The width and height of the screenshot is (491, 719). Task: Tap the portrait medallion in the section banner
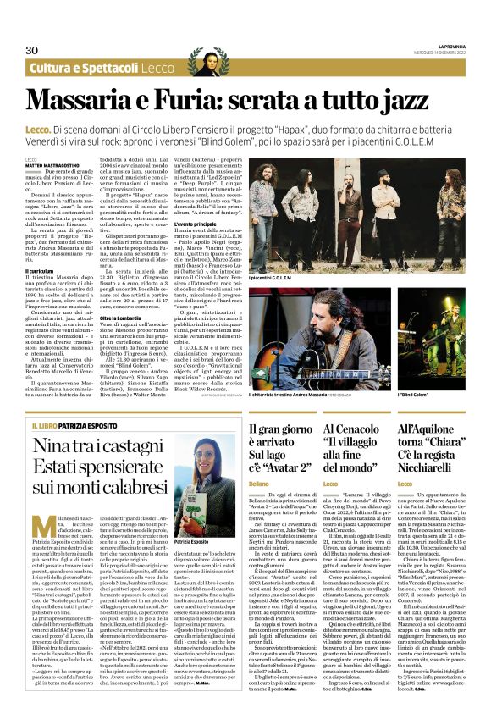pyautogui.click(x=203, y=64)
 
